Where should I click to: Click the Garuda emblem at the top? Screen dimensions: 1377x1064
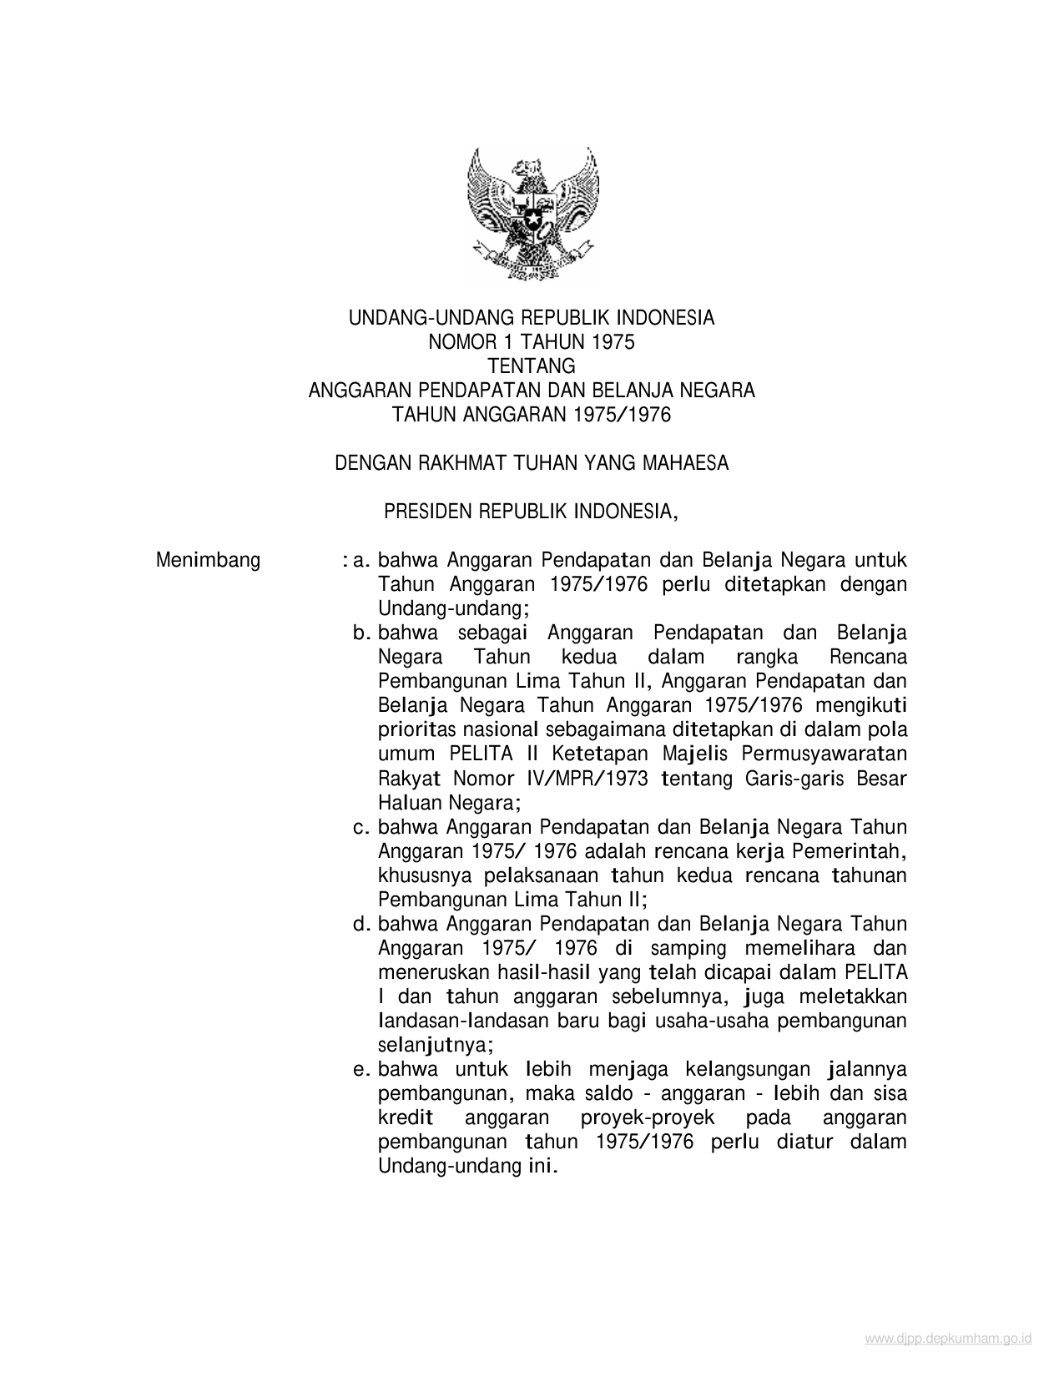click(532, 213)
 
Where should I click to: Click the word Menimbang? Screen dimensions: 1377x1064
click(208, 560)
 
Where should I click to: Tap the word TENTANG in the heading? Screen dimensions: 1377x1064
click(532, 366)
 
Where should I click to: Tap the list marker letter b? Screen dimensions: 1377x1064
click(361, 633)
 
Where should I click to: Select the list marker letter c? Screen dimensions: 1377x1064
click(361, 828)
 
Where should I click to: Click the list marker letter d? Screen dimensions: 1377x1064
click(361, 925)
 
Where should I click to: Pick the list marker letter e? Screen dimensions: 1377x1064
click(361, 1070)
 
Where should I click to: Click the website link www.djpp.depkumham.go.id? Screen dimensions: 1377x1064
click(948, 1339)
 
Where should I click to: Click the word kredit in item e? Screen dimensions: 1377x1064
click(406, 1118)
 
